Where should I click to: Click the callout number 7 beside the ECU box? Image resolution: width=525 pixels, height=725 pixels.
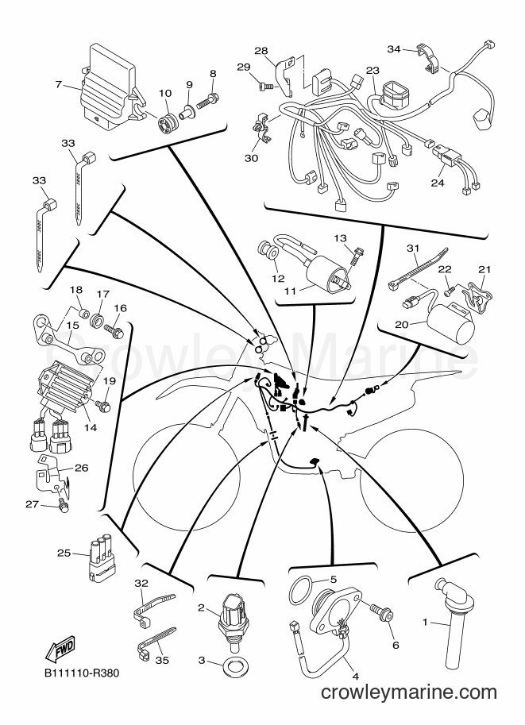(58, 84)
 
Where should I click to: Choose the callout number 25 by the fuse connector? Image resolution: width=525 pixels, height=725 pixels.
(64, 553)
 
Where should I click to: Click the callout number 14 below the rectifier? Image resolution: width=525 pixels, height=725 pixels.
(91, 428)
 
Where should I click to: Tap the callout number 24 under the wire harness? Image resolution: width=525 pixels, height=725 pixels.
(437, 183)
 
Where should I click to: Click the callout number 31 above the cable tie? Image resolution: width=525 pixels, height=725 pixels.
(412, 249)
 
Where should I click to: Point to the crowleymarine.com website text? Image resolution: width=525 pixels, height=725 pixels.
(408, 692)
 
